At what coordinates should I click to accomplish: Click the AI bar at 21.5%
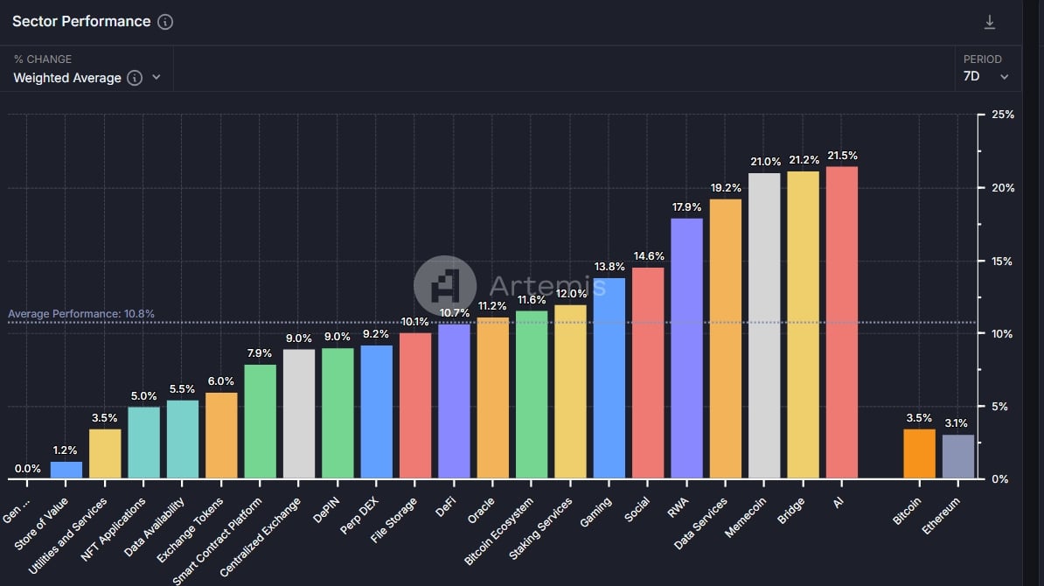point(841,323)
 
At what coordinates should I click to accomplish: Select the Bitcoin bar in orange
point(919,454)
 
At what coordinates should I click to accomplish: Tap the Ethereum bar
point(958,457)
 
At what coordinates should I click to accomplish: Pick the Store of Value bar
point(66,470)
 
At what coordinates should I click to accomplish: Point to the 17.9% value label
point(686,207)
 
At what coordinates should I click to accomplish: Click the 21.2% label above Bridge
point(803,160)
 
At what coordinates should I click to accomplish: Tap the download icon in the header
point(990,23)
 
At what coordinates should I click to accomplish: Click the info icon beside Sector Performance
point(165,22)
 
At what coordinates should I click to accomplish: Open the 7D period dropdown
point(986,77)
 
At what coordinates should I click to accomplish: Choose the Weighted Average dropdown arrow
point(157,77)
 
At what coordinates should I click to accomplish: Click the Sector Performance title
point(81,22)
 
